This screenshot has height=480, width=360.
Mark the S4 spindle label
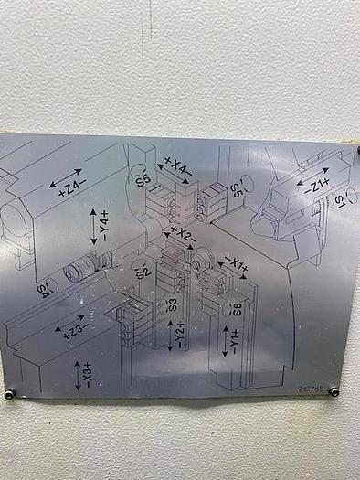pyautogui.click(x=43, y=291)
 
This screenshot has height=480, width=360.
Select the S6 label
pyautogui.click(x=237, y=307)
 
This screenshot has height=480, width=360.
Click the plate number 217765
pyautogui.click(x=311, y=388)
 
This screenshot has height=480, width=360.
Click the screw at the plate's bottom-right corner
pyautogui.click(x=334, y=391)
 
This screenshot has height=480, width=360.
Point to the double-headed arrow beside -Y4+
pyautogui.click(x=93, y=226)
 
